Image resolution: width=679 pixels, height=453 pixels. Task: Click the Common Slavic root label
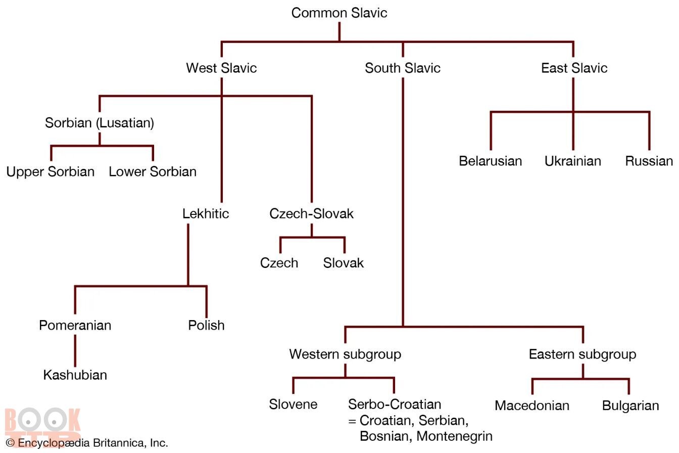(x=339, y=13)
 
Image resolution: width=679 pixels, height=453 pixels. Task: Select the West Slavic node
(x=221, y=68)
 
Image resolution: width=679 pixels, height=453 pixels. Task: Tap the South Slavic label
(x=403, y=68)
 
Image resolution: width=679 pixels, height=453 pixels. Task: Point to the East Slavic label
(x=574, y=68)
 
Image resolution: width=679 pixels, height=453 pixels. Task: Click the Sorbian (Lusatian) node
(x=100, y=123)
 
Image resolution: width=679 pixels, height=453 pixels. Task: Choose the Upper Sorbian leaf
(x=51, y=172)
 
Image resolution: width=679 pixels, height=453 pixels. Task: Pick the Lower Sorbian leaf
(x=153, y=172)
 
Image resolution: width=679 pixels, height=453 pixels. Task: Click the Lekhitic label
(x=206, y=213)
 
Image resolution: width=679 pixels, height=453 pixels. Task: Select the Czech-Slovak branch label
(x=311, y=213)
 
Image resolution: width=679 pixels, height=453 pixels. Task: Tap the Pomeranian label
(x=75, y=325)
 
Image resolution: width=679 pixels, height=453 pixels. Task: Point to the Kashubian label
(x=75, y=375)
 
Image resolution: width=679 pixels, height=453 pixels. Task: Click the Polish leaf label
(x=206, y=325)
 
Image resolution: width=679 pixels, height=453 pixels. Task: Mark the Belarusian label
(x=490, y=161)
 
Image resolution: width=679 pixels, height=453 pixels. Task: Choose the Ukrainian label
(x=572, y=161)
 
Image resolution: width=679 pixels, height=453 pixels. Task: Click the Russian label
(x=649, y=161)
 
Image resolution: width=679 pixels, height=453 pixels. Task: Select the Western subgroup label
(x=345, y=354)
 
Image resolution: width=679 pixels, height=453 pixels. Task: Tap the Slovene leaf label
(x=293, y=404)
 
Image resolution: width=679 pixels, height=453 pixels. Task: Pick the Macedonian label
(x=532, y=405)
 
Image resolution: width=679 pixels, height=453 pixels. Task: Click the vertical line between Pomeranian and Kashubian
(x=75, y=350)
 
